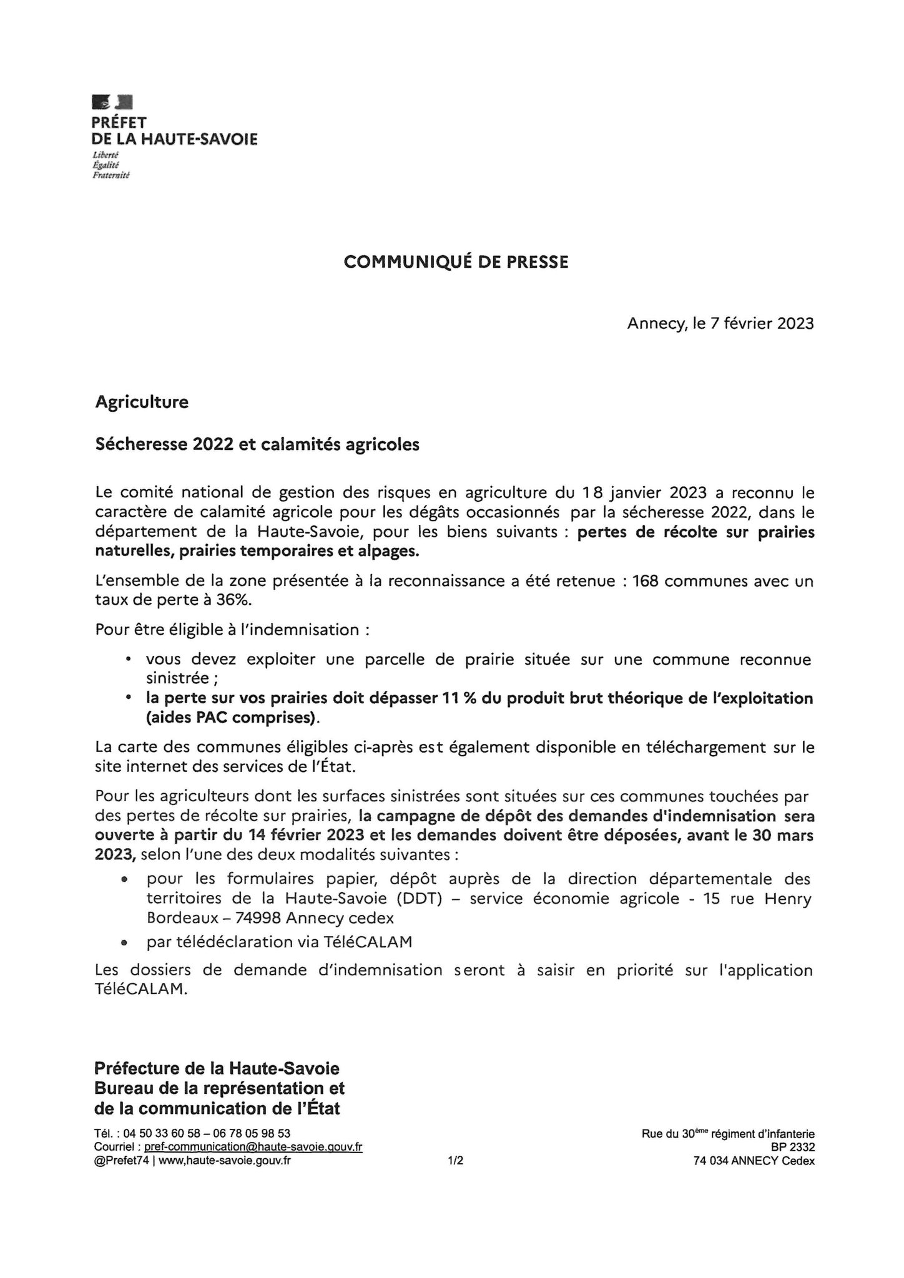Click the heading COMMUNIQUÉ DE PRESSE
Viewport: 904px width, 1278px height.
456,263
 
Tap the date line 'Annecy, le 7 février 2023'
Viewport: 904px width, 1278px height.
720,324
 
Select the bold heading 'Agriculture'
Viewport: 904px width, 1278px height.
142,402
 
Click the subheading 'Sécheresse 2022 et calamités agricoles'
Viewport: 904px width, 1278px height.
257,445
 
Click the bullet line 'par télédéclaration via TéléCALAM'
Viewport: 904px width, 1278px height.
279,942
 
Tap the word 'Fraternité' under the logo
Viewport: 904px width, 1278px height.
111,176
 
